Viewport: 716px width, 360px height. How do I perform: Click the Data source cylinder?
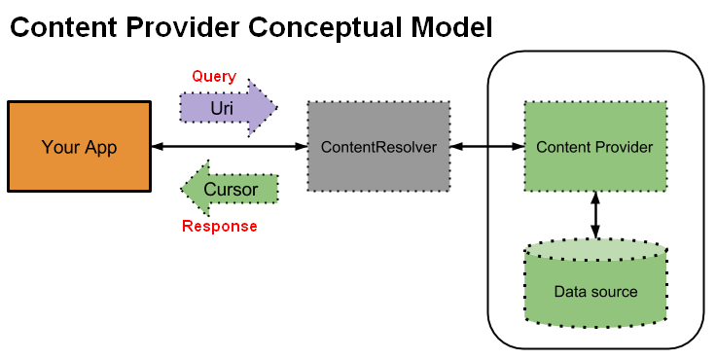[595, 292]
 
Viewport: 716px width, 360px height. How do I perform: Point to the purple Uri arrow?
[228, 107]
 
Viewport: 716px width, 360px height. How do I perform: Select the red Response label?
[220, 227]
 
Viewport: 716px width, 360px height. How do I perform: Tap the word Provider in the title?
[185, 27]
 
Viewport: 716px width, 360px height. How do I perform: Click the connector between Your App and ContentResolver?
[230, 147]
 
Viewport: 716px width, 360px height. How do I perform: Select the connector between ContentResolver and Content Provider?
[486, 147]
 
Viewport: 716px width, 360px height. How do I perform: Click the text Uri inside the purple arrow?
[221, 107]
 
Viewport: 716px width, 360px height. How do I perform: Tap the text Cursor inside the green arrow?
[232, 189]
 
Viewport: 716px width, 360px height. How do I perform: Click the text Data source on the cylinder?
[595, 292]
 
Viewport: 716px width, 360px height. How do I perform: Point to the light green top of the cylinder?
[595, 251]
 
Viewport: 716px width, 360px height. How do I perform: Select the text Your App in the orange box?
[79, 148]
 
